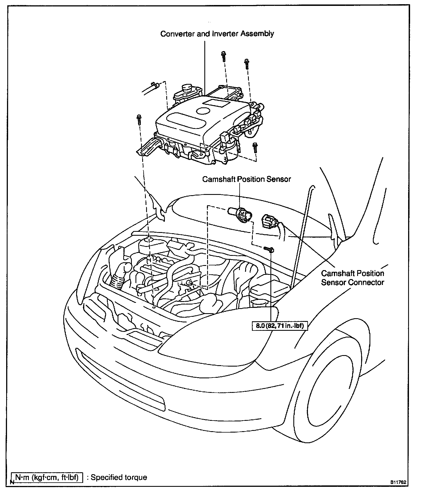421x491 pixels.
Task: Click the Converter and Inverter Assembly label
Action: (217, 34)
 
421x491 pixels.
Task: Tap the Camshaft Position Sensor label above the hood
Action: (246, 179)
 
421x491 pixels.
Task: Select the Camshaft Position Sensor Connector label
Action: (352, 278)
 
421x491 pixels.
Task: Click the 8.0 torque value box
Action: (280, 326)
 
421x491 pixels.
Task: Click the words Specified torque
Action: (119, 477)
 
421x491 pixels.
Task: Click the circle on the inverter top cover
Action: (203, 111)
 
